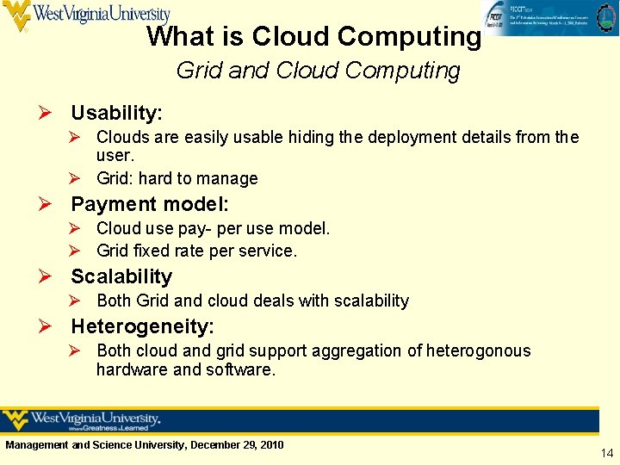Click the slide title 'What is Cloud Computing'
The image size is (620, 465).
click(x=313, y=37)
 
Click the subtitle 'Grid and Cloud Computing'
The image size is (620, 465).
click(x=318, y=71)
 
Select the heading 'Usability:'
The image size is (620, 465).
click(x=116, y=113)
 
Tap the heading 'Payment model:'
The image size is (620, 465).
click(x=150, y=204)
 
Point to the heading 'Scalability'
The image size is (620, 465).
click(x=121, y=276)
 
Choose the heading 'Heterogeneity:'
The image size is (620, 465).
click(x=142, y=326)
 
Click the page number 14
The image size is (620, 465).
click(x=607, y=452)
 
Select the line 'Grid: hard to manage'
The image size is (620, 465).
click(x=177, y=178)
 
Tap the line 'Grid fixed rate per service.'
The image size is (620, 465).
click(x=196, y=251)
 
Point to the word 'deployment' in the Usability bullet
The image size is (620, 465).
click(x=412, y=137)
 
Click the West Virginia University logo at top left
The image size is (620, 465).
click(x=86, y=15)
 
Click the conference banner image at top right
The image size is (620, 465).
click(x=549, y=18)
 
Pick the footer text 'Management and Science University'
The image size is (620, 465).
click(x=95, y=444)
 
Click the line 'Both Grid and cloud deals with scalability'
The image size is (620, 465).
click(x=252, y=301)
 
